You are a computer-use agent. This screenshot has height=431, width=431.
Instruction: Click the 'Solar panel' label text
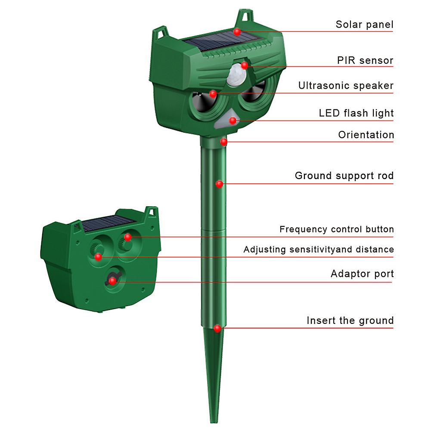(x=364, y=25)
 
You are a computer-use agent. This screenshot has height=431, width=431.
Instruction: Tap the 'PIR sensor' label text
(x=365, y=60)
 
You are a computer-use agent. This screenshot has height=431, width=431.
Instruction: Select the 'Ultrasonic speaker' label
(x=346, y=86)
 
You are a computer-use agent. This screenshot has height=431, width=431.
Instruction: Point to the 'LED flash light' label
(x=356, y=113)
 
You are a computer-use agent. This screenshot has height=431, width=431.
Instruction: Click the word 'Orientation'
(x=366, y=135)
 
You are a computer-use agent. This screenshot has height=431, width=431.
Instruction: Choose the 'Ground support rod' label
(x=344, y=176)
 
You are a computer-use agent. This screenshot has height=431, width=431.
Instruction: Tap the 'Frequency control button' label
(x=336, y=229)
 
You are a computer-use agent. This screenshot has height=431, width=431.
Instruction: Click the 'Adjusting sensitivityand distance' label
(x=319, y=249)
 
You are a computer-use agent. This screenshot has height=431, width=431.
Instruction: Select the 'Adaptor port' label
(x=362, y=274)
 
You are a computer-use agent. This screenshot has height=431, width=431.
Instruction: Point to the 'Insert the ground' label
(x=350, y=320)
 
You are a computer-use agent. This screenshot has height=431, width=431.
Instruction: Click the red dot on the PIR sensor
(x=245, y=65)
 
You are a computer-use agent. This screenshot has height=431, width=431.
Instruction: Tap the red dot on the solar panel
(x=237, y=31)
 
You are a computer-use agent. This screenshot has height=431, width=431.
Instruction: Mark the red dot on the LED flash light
(x=233, y=121)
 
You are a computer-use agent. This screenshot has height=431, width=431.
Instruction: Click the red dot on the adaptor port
(x=112, y=281)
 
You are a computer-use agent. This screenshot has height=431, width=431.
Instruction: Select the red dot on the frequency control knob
(x=127, y=237)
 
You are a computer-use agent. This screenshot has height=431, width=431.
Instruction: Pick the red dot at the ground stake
(x=217, y=328)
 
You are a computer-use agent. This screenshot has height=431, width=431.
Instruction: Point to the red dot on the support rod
(x=219, y=184)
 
